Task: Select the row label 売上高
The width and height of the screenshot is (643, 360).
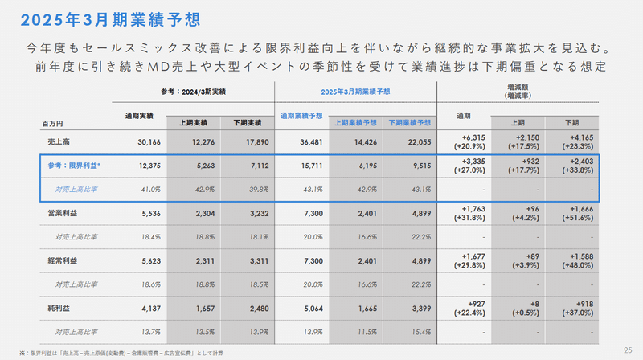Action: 59,141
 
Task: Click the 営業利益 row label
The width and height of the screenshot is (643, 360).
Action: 63,213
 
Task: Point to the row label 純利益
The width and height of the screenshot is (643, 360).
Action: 59,306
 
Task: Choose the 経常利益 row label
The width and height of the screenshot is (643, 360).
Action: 63,260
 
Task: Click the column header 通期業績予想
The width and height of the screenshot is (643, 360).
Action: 301,116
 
